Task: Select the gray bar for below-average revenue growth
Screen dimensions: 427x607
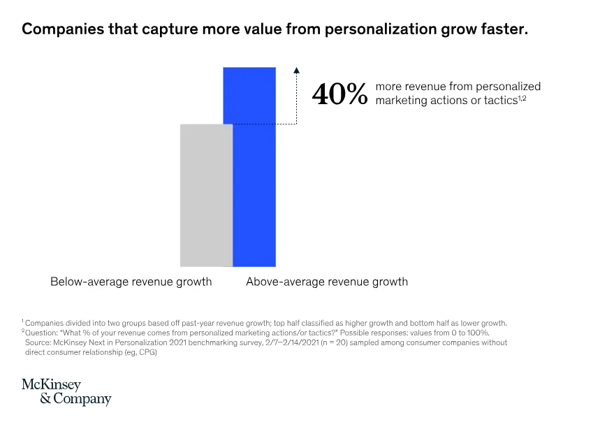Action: pyautogui.click(x=206, y=195)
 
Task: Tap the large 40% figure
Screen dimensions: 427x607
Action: pyautogui.click(x=339, y=94)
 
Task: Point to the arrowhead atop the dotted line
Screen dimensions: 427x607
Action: pyautogui.click(x=296, y=70)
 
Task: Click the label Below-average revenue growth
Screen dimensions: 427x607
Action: pyautogui.click(x=131, y=282)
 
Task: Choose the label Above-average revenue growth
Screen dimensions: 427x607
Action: pyautogui.click(x=327, y=282)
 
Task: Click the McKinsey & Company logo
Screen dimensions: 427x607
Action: pyautogui.click(x=66, y=392)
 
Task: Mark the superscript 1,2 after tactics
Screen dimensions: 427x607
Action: pyautogui.click(x=521, y=98)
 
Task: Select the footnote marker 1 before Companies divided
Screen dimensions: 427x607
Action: pyautogui.click(x=22, y=321)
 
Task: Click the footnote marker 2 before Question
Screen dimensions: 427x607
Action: pyautogui.click(x=22, y=331)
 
